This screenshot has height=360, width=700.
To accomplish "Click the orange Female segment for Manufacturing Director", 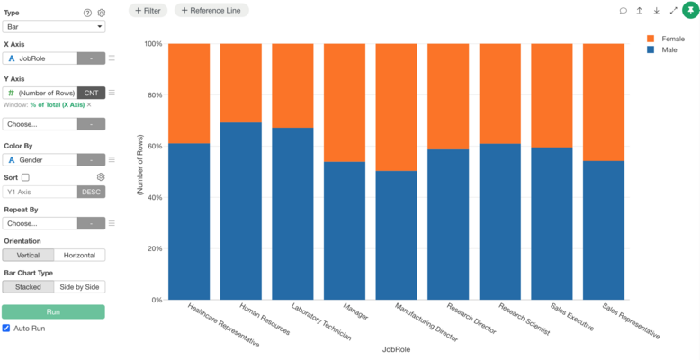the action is coord(397,107).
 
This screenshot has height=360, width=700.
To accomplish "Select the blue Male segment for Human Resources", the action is coord(241,211).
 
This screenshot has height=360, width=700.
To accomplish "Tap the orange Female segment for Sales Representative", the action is coord(604,103).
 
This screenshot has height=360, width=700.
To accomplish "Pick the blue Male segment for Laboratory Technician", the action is coord(292,213).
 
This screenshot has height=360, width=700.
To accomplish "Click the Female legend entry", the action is coord(665,39).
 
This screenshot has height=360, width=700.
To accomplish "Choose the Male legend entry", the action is coord(661,50).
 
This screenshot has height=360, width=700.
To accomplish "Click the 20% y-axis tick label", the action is coord(152,248).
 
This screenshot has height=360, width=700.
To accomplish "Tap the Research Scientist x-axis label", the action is coord(525,319).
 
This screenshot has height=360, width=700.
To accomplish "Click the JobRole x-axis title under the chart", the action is coord(396,349).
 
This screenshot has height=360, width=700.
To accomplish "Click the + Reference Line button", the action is coord(211,10).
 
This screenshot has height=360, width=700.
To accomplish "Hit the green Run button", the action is coord(54,311).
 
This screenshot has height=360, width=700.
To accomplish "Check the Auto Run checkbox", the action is coord(6,328).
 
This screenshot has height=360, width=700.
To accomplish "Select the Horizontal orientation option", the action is coord(79,256).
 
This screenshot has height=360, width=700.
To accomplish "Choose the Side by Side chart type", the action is coord(79,287).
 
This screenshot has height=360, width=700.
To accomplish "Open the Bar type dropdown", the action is coord(54,27).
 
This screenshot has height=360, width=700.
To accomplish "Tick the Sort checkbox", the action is coord(25,177).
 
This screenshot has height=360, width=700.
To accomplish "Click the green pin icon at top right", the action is coord(691,10).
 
